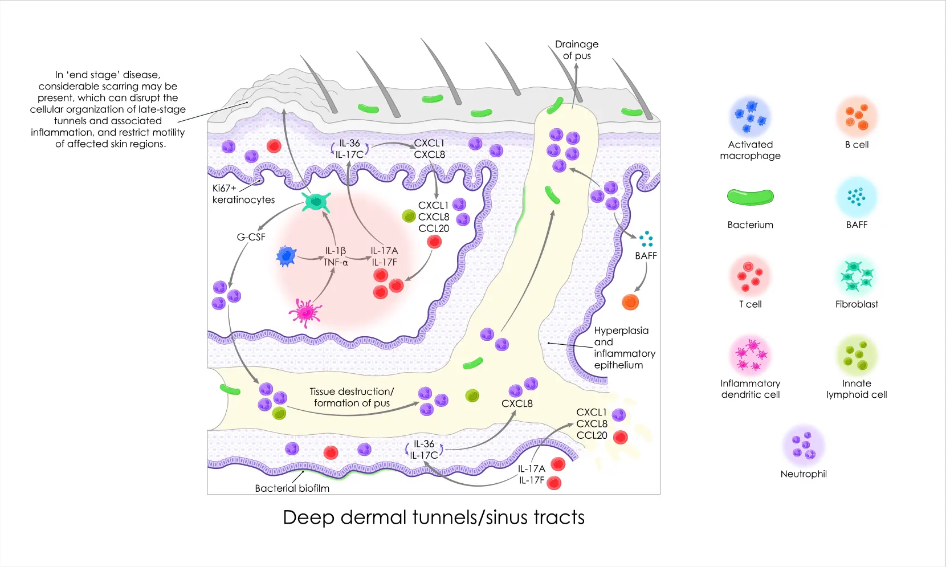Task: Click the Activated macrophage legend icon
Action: click(750, 116)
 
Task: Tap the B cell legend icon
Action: click(857, 116)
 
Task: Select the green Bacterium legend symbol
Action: click(750, 197)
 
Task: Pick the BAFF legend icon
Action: click(857, 197)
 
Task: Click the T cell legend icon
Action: click(750, 275)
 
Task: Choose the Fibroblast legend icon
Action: click(857, 275)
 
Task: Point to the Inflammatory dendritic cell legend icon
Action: click(750, 355)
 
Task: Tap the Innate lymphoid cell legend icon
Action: click(857, 355)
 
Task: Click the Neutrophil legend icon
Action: click(804, 446)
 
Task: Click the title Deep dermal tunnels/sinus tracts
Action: click(434, 517)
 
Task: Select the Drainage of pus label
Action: click(577, 50)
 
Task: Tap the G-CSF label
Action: click(251, 237)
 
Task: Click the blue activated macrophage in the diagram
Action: click(286, 256)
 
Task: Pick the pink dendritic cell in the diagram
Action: click(305, 312)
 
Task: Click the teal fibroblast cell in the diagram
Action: click(316, 201)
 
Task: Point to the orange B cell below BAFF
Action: click(630, 302)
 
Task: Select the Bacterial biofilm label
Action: click(292, 488)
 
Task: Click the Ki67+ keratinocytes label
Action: click(243, 194)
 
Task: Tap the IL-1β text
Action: click(336, 251)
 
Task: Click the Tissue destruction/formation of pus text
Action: click(352, 397)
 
